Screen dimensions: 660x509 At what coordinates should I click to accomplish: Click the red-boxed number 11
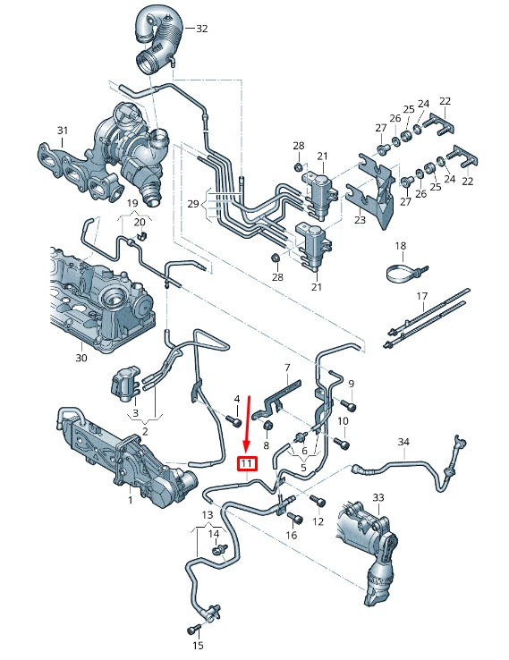click(246, 463)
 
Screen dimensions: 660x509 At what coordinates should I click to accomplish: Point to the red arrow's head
click(248, 447)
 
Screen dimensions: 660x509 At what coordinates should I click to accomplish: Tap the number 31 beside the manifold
click(62, 131)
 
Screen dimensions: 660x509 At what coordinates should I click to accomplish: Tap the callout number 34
click(403, 443)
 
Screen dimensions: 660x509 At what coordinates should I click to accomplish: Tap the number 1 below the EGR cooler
click(130, 501)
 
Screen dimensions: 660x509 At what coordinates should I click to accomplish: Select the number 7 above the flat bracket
click(287, 368)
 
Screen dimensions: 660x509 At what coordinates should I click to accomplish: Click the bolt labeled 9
click(350, 406)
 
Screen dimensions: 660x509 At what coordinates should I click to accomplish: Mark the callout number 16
click(291, 535)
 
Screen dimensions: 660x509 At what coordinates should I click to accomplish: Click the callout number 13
click(208, 515)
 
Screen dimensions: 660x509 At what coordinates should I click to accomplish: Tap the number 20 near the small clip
click(139, 223)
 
